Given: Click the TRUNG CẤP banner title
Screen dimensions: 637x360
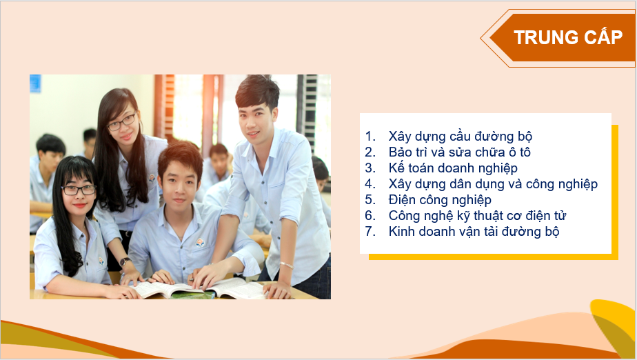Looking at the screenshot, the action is pos(568,37).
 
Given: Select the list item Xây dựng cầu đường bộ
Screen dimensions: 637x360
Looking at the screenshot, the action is pos(461,136).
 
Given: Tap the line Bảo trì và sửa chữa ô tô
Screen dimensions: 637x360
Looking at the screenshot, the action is pos(459,152).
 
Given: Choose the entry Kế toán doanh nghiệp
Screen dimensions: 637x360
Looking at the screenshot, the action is pos(453,168).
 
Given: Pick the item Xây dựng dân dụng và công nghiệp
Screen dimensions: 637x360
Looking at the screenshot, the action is pos(493,183).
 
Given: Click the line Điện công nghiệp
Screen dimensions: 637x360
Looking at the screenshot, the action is pos(440,199).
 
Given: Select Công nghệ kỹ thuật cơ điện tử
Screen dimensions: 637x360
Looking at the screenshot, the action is pos(477,215).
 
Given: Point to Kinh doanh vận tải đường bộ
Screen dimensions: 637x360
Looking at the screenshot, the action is pos(474,231).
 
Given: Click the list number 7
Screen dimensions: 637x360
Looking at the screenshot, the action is pos(370,231).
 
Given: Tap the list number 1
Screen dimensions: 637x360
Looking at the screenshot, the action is pos(370,136).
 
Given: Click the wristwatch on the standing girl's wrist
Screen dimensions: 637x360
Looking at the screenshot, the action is pos(125,261).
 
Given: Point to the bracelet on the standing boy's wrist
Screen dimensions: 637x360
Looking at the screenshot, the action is pos(286,265).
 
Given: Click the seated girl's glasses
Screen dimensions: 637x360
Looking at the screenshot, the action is pos(79,190).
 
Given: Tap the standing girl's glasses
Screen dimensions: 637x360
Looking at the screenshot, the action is pos(121,122).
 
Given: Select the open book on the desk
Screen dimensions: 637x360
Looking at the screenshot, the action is pos(199,289).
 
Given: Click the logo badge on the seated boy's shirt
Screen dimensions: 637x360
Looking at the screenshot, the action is pos(199,243).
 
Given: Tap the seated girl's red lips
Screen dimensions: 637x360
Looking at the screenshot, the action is pos(80,206).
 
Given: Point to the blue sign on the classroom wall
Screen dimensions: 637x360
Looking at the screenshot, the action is pos(35,83).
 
